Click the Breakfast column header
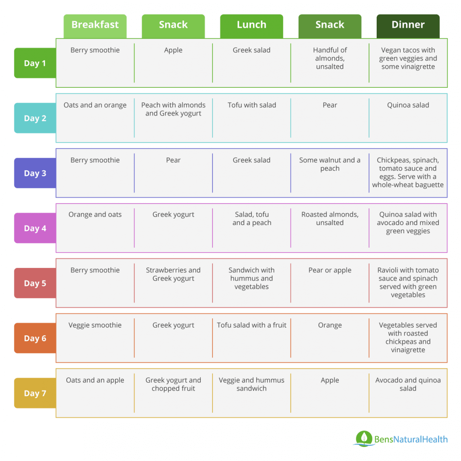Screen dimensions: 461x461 tap(95, 25)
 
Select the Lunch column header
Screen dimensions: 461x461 tap(252, 25)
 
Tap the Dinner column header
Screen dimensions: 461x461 tap(408, 25)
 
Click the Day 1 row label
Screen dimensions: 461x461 tap(35, 63)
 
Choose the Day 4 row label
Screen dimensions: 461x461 tap(35, 228)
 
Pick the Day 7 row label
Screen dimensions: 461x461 tap(35, 393)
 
